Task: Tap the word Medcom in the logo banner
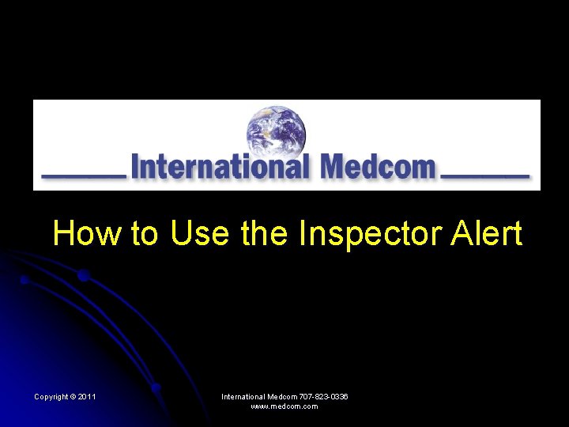click(x=378, y=167)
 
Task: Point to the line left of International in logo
click(x=83, y=174)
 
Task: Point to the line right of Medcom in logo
click(x=484, y=174)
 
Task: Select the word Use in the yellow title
click(x=198, y=234)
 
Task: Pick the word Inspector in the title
click(x=367, y=235)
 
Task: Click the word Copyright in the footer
click(x=51, y=396)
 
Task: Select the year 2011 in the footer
click(x=87, y=396)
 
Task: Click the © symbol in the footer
click(x=73, y=396)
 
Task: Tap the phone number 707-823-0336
click(x=324, y=396)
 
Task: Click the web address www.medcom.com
click(x=284, y=406)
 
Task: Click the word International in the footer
click(x=243, y=396)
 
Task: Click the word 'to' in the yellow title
click(x=145, y=234)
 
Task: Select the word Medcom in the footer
click(x=282, y=396)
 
